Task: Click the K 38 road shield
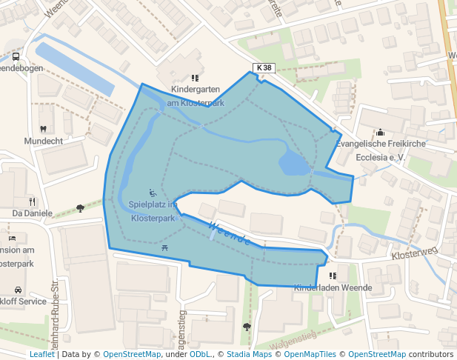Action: click(x=264, y=68)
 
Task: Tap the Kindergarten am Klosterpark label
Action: click(x=196, y=96)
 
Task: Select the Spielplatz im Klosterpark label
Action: click(x=152, y=211)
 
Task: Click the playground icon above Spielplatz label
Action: click(x=152, y=193)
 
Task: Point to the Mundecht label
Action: click(x=43, y=141)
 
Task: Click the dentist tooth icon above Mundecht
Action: click(x=43, y=129)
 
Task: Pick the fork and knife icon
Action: click(x=32, y=201)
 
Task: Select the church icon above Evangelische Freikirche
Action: click(x=381, y=133)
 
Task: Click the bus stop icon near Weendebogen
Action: click(x=16, y=56)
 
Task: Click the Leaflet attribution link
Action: click(x=41, y=355)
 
